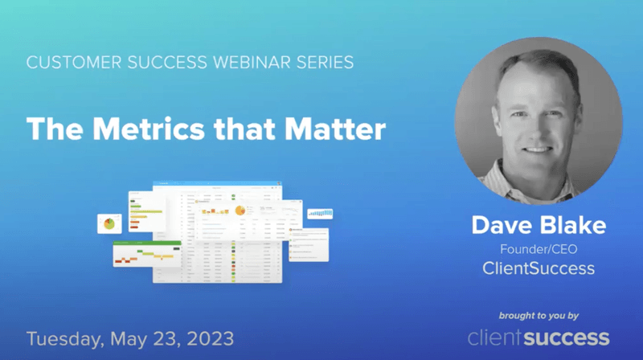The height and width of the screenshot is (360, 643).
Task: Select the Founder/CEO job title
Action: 539,249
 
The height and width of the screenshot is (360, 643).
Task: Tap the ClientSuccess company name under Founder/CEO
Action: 539,268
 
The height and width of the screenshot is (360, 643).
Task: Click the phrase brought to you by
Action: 539,314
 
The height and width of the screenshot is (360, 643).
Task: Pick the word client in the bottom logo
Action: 498,337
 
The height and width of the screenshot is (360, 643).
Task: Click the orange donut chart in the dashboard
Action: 239,211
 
